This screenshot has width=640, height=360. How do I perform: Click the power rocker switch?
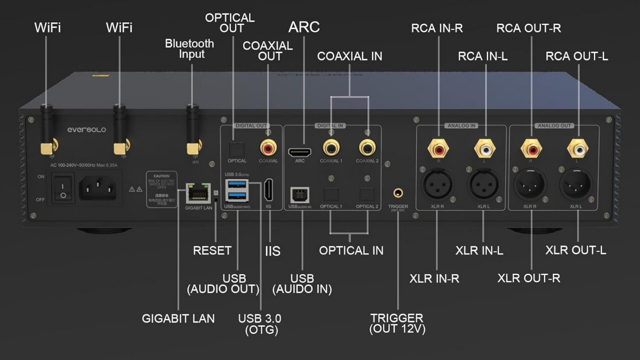(x=63, y=189)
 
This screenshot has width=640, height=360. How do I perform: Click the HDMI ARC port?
(x=300, y=152)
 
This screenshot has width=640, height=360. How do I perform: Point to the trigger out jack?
(x=398, y=193)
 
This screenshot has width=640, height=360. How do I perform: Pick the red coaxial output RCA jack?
(x=268, y=147)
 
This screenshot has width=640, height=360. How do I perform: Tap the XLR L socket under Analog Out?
(x=576, y=184)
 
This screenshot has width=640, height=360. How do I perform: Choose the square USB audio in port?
(x=300, y=195)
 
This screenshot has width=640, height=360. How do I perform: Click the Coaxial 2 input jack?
(x=367, y=147)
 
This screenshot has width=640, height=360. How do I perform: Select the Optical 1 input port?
(x=331, y=194)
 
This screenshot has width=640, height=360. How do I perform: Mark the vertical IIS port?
(x=268, y=190)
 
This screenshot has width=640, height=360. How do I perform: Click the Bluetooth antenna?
(x=192, y=128)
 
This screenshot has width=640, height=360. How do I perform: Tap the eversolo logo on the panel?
(x=87, y=130)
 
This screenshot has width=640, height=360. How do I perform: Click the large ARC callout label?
(x=304, y=27)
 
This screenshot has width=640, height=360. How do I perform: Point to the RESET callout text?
(x=212, y=251)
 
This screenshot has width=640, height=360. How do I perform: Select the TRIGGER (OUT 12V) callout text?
(x=397, y=323)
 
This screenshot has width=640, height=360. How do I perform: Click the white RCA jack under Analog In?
(x=485, y=149)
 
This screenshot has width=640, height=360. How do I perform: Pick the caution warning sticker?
(x=162, y=189)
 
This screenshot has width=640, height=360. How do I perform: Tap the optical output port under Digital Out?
(x=237, y=148)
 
